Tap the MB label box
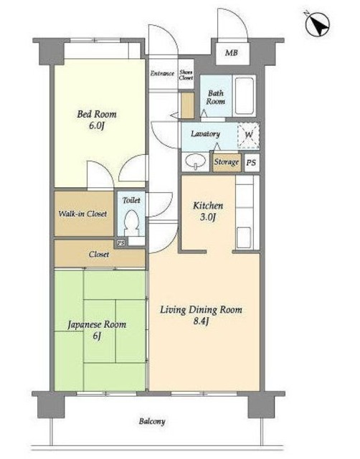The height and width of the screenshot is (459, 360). (232, 52)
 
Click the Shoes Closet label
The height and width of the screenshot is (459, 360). (186, 75)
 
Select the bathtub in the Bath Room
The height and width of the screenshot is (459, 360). (244, 96)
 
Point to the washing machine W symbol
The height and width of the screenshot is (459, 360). (249, 136)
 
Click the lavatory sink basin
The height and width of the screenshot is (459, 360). (194, 161)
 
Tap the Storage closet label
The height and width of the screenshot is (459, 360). (226, 162)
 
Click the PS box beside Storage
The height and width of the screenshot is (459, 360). (251, 163)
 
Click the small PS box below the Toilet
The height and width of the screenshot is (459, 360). (121, 242)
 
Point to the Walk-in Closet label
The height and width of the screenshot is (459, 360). (83, 214)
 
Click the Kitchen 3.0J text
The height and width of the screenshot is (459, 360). (208, 211)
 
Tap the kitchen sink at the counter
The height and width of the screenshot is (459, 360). (244, 237)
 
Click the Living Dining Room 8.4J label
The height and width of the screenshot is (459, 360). (201, 315)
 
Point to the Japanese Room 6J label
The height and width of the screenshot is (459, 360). (97, 330)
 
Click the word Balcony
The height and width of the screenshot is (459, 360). (152, 421)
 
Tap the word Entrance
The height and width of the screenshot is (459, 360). (162, 73)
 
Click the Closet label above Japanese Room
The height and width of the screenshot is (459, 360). (99, 254)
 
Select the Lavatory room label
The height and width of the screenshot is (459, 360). (205, 134)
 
